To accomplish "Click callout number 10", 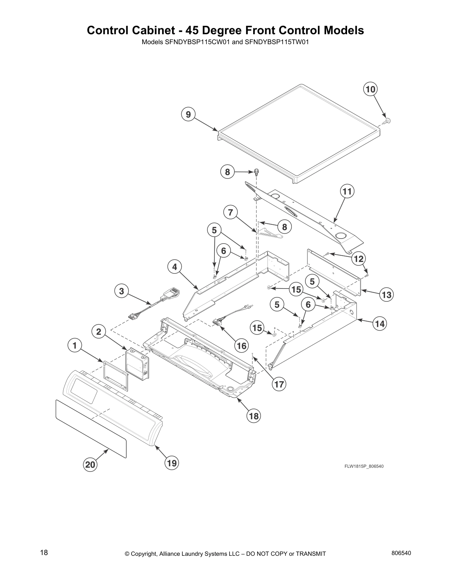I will click(x=371, y=89).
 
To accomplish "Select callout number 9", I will click(x=188, y=114).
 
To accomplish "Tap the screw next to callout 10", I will click(x=387, y=120).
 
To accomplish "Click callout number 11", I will click(x=347, y=191).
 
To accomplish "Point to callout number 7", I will click(x=230, y=212).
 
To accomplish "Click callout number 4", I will click(x=175, y=267).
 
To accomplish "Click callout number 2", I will click(x=98, y=332).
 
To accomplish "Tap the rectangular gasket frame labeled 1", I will click(x=116, y=375).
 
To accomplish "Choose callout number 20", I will click(x=90, y=464).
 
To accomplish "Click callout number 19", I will click(x=172, y=463).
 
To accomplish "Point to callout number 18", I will click(x=254, y=416).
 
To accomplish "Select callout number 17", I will click(x=279, y=384).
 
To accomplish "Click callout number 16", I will click(x=242, y=346).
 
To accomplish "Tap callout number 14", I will click(x=380, y=324).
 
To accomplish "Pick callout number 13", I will click(x=387, y=294).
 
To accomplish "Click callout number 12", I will click(x=358, y=259).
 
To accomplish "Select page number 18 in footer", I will click(x=44, y=553).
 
